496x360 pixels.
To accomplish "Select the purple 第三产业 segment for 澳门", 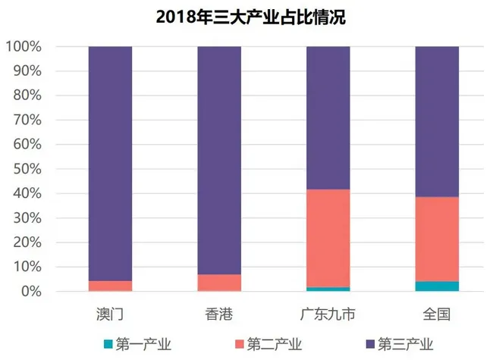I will point(111,163).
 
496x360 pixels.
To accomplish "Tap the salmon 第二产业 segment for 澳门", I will point(111,286).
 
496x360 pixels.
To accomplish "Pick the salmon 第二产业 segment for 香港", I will point(219,283).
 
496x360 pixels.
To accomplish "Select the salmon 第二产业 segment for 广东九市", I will point(328,238).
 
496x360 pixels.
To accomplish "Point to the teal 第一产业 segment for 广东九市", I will point(328,289).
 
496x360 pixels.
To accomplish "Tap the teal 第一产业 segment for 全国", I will point(437,286).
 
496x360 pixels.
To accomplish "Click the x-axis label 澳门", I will point(111,313).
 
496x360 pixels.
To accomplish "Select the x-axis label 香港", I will point(219,313).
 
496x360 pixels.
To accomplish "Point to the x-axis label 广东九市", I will point(328,313).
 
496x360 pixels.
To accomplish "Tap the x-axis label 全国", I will point(437,313).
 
